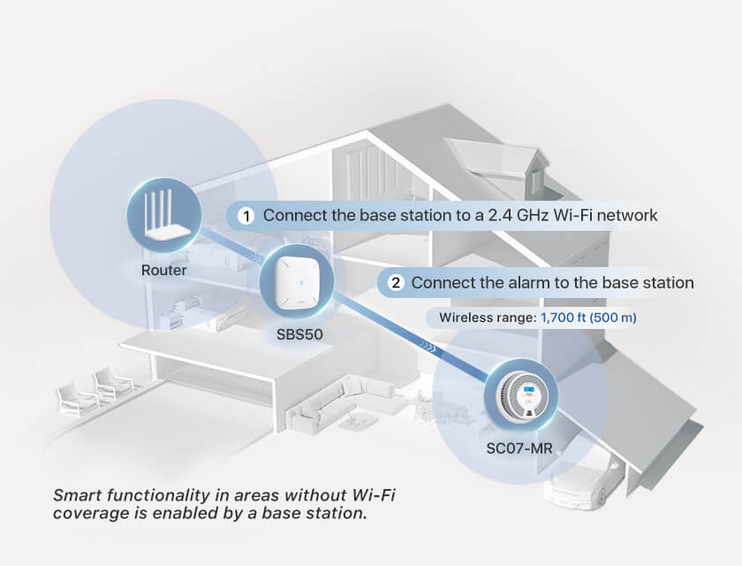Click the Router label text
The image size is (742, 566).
tap(164, 270)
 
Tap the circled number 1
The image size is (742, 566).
tap(247, 215)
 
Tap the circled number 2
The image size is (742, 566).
tap(396, 283)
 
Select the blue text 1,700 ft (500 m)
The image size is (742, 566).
tap(590, 317)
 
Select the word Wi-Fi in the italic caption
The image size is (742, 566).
tap(373, 494)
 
